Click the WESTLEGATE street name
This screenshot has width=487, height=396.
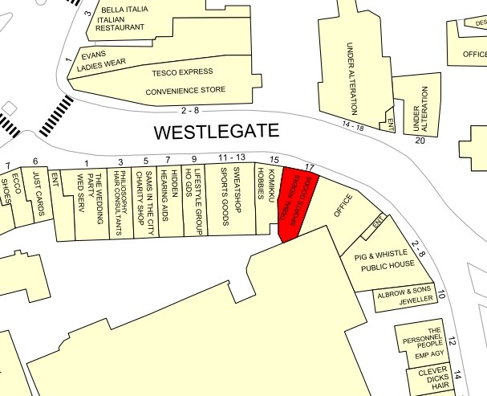coord(217,130)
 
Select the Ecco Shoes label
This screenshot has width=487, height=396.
coord(11,193)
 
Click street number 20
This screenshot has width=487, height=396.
coord(419,140)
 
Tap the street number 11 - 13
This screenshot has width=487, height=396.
coord(231,157)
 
